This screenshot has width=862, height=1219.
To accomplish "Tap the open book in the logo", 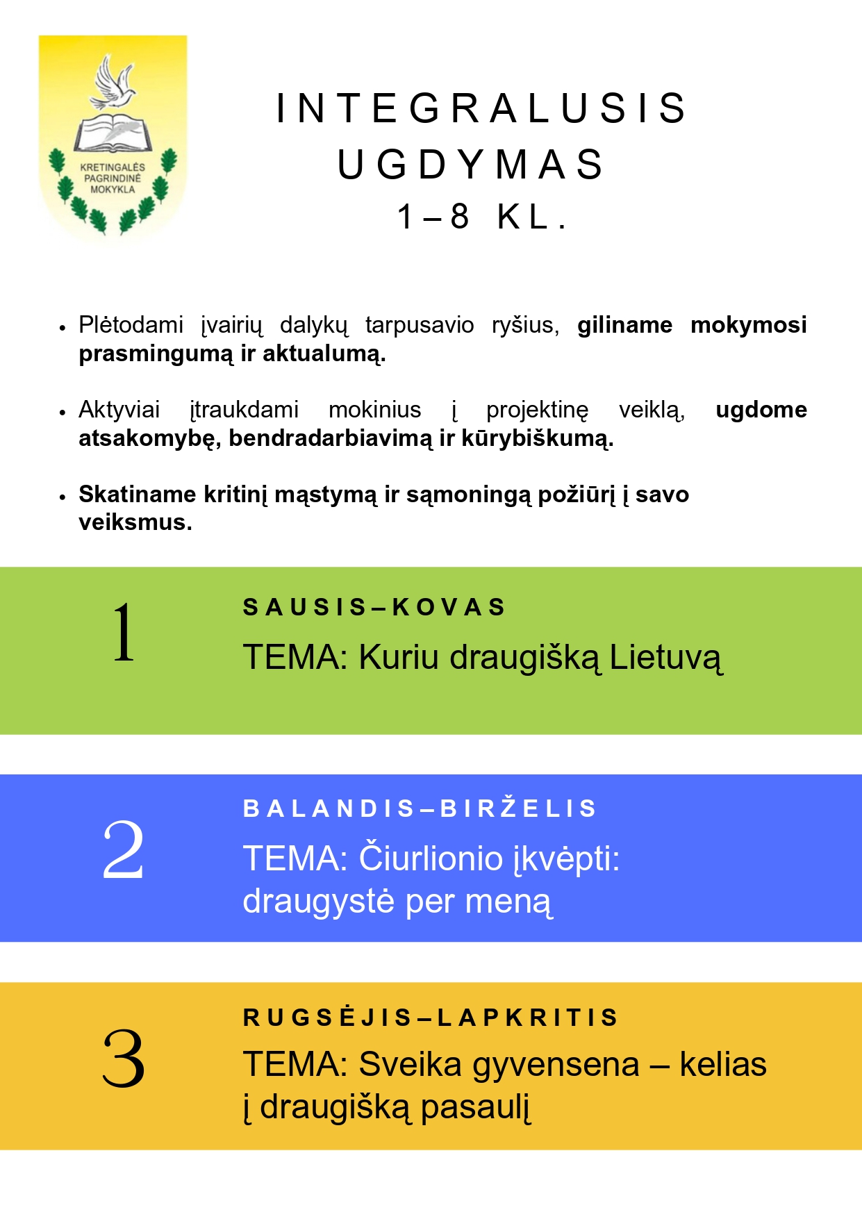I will (113, 133).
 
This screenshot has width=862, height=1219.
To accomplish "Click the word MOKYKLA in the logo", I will (113, 190).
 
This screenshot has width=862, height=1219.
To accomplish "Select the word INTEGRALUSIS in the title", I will (481, 108).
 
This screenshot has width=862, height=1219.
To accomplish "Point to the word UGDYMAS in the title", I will (471, 165).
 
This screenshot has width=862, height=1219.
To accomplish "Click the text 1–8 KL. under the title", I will (482, 217).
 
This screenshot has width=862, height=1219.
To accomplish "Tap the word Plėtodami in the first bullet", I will (131, 324).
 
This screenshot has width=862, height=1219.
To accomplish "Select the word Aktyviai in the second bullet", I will (119, 409).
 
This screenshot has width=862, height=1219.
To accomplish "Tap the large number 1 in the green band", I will (124, 632).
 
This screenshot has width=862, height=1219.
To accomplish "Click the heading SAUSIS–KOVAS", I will (374, 607).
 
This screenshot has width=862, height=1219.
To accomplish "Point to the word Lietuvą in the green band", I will (665, 658).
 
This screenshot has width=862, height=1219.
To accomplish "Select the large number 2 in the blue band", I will (123, 849).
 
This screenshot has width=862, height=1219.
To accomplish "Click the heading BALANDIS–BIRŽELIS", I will (420, 808).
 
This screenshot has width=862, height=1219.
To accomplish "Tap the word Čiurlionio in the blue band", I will (430, 859).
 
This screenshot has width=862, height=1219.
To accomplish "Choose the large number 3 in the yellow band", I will (124, 1058).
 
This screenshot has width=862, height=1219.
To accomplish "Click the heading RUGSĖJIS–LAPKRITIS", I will (430, 1018).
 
